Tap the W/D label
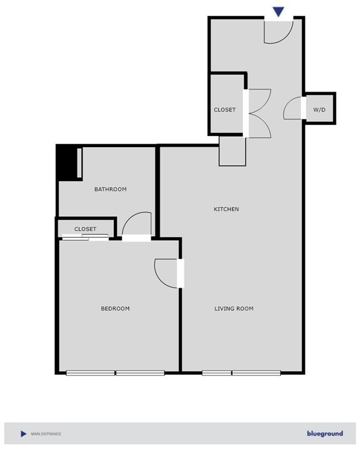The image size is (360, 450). coord(319,110)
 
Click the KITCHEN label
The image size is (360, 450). coord(226,209)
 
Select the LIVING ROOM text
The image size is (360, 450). coord(233,308)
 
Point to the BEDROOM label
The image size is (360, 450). coord(115,308)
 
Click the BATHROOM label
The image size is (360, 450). coord(110,189)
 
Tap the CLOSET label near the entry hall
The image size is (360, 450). coord(224,110)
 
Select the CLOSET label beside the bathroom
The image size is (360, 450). coord(85,229)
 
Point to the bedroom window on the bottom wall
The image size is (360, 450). coord(115,373)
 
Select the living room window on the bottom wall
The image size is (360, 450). coord(241,373)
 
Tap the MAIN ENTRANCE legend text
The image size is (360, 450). coord(46,434)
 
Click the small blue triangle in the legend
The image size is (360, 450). coord(23,434)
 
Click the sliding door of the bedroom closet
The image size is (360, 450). coord(86,237)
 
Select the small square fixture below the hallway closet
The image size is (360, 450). coord(232,152)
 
